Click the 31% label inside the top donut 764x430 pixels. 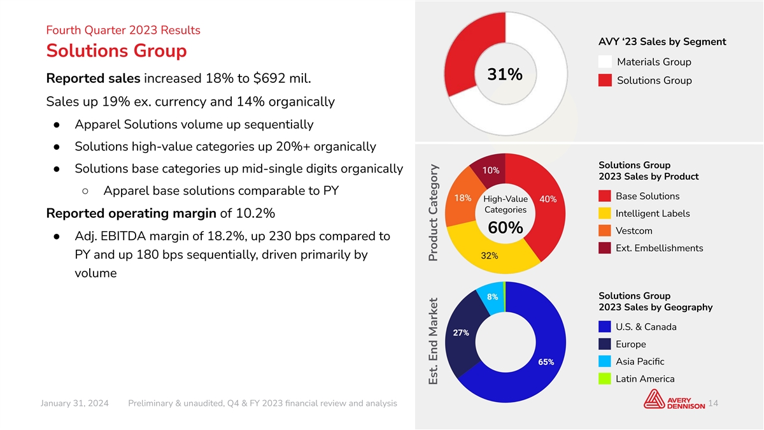(x=505, y=75)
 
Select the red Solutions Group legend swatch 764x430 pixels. (x=605, y=80)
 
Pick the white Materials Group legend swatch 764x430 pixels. (x=605, y=62)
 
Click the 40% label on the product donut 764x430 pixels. (x=548, y=199)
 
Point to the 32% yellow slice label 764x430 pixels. (x=490, y=255)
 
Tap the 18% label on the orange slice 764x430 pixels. (x=463, y=198)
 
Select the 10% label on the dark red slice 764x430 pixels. (x=491, y=170)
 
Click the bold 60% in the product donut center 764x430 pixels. (x=506, y=227)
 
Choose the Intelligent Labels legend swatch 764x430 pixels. (x=605, y=213)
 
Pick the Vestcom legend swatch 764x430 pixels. (x=605, y=231)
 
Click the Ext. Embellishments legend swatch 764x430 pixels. (x=605, y=248)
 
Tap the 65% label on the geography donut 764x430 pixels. (x=546, y=362)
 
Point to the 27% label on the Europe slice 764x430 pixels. (x=461, y=333)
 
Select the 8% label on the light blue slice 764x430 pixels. (x=492, y=297)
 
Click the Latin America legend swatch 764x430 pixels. (x=605, y=379)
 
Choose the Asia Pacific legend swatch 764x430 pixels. (x=605, y=361)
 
